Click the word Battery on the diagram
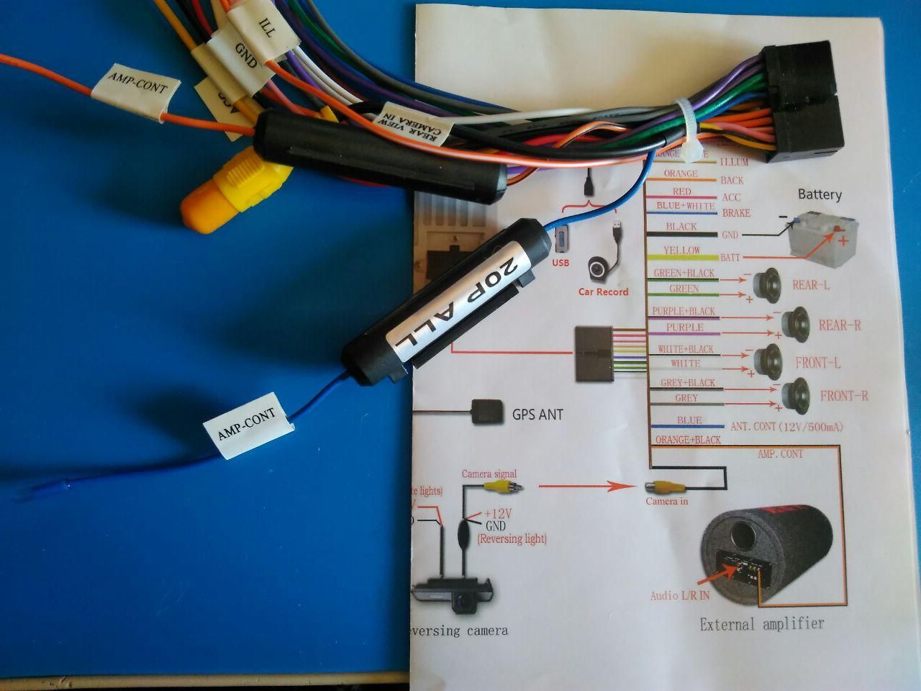(x=820, y=194)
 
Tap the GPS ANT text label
(x=537, y=415)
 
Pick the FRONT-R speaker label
(x=844, y=395)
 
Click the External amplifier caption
(x=762, y=623)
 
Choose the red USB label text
(x=561, y=263)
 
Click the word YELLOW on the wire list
(x=681, y=250)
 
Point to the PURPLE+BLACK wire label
(x=683, y=311)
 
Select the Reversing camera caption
(x=458, y=631)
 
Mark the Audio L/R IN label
(x=680, y=595)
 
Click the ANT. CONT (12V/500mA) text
(x=786, y=426)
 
